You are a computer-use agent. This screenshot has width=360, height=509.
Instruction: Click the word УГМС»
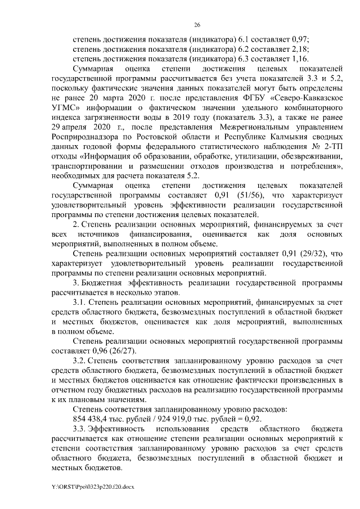tap(65, 107)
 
